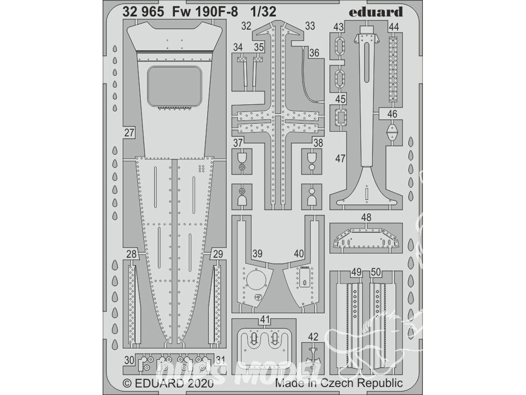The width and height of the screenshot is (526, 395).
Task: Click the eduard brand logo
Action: [x=376, y=13]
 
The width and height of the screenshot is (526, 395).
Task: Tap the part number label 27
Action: [x=129, y=133]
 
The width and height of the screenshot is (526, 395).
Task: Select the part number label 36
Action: [x=315, y=53]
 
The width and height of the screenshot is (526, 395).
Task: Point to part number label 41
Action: [x=265, y=320]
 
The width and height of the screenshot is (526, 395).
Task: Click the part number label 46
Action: [x=392, y=114]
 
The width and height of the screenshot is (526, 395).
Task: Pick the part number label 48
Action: [x=366, y=218]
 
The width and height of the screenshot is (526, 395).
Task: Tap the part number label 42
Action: [x=313, y=336]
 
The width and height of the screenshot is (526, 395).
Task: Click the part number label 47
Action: [x=340, y=158]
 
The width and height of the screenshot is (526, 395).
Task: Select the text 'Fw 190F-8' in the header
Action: [x=205, y=12]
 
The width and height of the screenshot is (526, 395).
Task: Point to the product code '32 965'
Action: [x=143, y=12]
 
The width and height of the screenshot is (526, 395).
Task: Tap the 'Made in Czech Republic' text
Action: [x=339, y=383]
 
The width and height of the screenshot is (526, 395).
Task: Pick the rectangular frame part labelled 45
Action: [x=341, y=118]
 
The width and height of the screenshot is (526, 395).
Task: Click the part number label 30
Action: [x=129, y=360]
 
